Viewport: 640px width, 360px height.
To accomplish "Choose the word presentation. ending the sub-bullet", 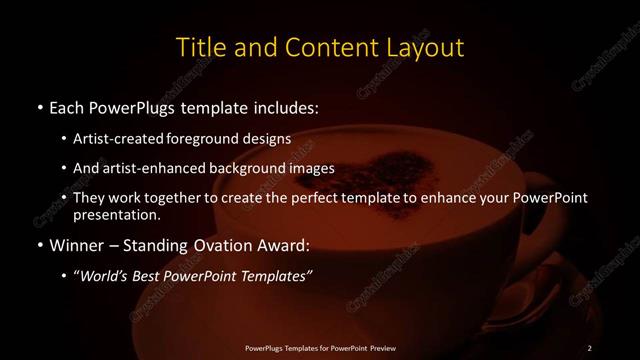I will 116,215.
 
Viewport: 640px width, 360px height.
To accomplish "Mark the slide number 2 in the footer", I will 590,347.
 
